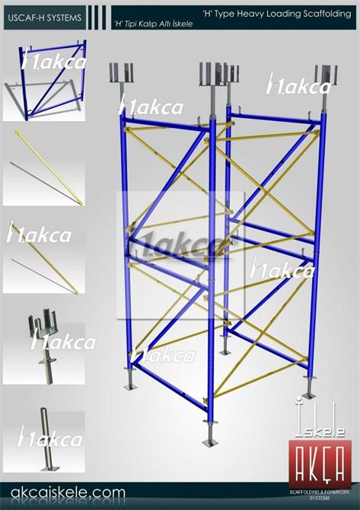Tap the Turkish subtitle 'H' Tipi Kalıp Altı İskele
click(x=153, y=24)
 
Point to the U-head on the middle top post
click(x=212, y=73)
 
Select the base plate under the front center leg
click(x=210, y=440)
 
